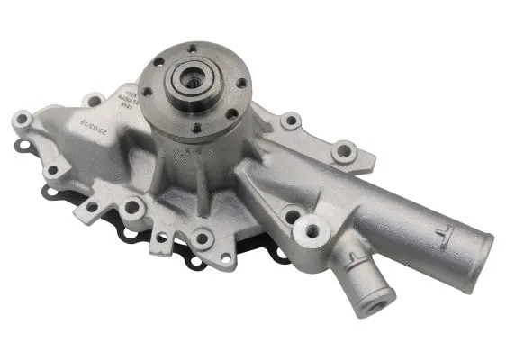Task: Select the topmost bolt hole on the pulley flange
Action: pos(192,48)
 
